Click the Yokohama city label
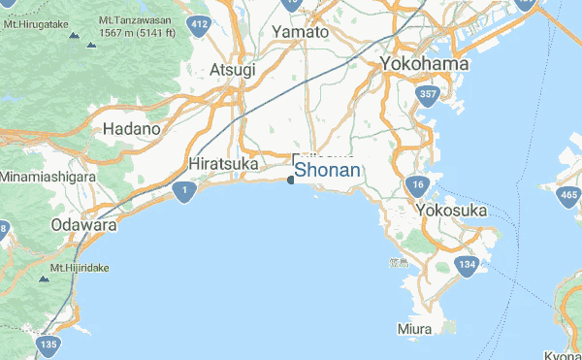[x=425, y=63]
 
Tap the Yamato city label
[x=300, y=32]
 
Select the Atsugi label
[x=233, y=70]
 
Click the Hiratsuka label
[x=224, y=164]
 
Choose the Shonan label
[x=328, y=171]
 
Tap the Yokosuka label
[x=450, y=210]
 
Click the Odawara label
[x=83, y=225]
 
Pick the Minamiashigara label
[x=48, y=178]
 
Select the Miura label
[x=414, y=329]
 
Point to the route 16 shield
[x=417, y=185]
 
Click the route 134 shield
[x=469, y=265]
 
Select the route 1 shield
[x=183, y=192]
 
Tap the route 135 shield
[x=47, y=344]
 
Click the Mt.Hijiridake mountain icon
[x=44, y=279]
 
